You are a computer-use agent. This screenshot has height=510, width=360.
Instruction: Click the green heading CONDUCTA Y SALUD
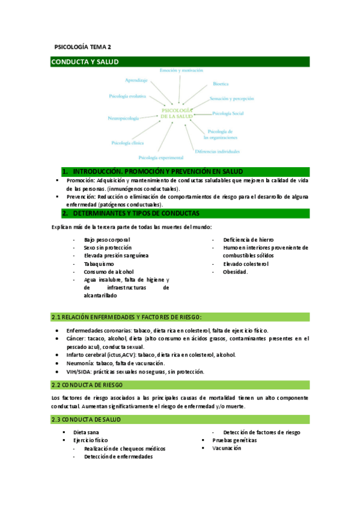click(x=85, y=62)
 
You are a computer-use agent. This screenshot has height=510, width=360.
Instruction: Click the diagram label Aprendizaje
click(x=136, y=80)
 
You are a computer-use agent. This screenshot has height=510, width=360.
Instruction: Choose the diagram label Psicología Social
click(x=228, y=113)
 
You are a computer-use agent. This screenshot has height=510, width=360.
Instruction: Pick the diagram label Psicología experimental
click(x=165, y=158)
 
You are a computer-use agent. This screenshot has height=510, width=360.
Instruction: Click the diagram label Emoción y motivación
click(x=181, y=71)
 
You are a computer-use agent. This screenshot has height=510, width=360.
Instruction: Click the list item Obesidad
click(x=235, y=272)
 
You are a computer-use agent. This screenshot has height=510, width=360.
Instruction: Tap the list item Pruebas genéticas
click(x=234, y=440)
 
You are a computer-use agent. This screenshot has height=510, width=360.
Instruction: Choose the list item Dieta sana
click(x=86, y=432)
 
